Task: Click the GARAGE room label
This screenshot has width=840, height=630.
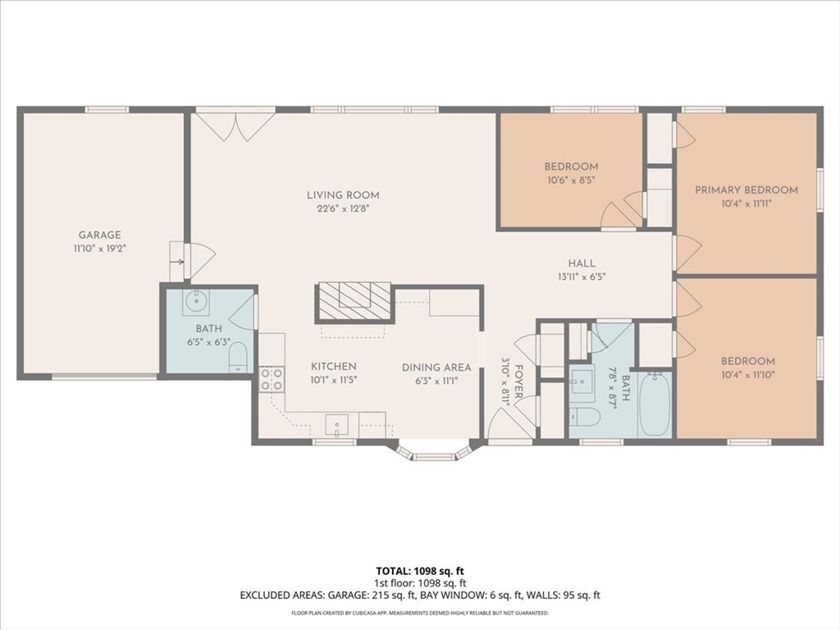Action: tap(99, 235)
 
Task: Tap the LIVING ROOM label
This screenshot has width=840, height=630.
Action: tap(343, 195)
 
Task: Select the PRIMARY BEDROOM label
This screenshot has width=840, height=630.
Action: tap(746, 189)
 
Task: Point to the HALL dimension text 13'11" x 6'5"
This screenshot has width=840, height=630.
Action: tap(582, 277)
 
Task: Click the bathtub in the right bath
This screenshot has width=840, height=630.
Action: tap(655, 404)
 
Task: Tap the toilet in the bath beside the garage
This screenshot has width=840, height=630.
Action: tap(238, 357)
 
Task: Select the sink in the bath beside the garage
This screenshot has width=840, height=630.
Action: tap(195, 302)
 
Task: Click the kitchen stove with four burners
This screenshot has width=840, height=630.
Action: tap(271, 379)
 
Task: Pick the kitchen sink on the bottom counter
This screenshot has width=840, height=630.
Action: tap(337, 426)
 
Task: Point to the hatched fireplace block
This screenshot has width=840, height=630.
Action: tap(354, 303)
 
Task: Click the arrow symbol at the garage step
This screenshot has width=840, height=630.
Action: tap(178, 262)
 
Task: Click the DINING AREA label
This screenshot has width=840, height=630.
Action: tap(436, 367)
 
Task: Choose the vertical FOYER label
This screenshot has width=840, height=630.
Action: tap(518, 381)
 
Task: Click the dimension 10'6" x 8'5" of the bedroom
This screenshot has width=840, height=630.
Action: tap(571, 180)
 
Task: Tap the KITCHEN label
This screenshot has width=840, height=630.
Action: tap(334, 367)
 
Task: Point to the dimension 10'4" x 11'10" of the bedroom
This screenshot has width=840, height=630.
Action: tap(748, 375)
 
